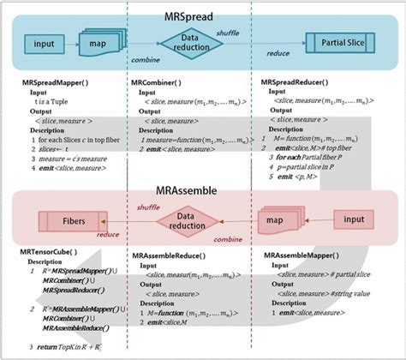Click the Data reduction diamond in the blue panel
coord(194,40)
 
